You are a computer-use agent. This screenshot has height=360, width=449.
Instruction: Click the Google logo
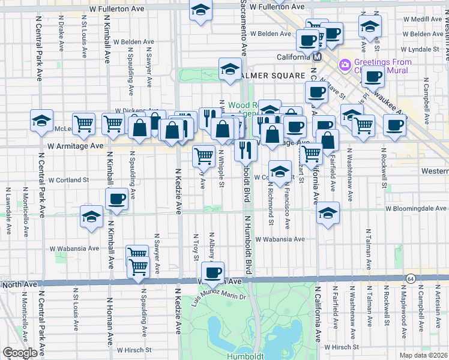(x=20, y=353)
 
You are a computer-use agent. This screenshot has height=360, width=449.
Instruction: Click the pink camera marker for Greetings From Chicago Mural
(x=345, y=64)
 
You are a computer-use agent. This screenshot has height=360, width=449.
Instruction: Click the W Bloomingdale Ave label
(x=416, y=209)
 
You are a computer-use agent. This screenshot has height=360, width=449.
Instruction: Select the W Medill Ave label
(x=423, y=19)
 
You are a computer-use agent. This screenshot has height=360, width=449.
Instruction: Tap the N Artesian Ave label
(x=444, y=311)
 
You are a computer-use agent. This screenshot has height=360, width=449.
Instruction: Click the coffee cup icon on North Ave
(x=212, y=273)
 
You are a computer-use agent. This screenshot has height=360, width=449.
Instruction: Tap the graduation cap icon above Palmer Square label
(x=230, y=70)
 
